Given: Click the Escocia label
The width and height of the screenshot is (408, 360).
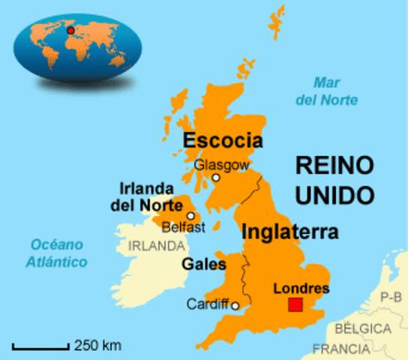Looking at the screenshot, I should click(x=223, y=141).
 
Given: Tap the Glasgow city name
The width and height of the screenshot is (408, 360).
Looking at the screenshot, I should click(x=221, y=165).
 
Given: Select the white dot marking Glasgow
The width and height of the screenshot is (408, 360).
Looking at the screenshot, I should click(x=216, y=178).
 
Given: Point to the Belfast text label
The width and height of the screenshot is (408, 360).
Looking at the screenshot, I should click(x=184, y=227).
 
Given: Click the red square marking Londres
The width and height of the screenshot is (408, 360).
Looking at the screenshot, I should click(x=295, y=305).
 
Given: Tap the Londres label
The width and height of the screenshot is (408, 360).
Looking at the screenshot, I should click(x=301, y=288).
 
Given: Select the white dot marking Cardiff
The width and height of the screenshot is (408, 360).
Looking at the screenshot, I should click(x=235, y=305).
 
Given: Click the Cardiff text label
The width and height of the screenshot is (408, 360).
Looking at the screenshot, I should click(x=208, y=305).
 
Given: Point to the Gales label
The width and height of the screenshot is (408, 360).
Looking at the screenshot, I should click(x=204, y=264).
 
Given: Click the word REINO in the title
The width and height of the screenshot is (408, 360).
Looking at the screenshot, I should click(x=334, y=166).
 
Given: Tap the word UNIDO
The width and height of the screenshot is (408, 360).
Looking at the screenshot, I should click(x=334, y=196).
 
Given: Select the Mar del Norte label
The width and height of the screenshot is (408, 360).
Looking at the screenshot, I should click(x=336, y=91).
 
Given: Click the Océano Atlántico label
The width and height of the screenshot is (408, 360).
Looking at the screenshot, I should click(x=57, y=253).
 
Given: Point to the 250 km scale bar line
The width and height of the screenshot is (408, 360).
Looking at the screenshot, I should click(x=41, y=346).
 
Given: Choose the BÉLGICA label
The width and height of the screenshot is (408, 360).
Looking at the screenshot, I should click(x=363, y=329).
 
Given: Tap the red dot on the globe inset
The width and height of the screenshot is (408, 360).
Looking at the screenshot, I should click(x=70, y=31).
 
